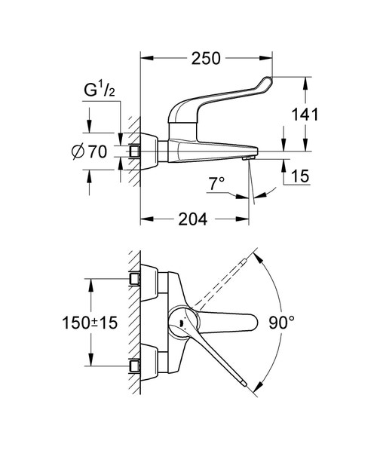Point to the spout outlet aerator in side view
(x=247, y=157)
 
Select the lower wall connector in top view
(x=136, y=366)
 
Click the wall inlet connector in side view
(x=136, y=152)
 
